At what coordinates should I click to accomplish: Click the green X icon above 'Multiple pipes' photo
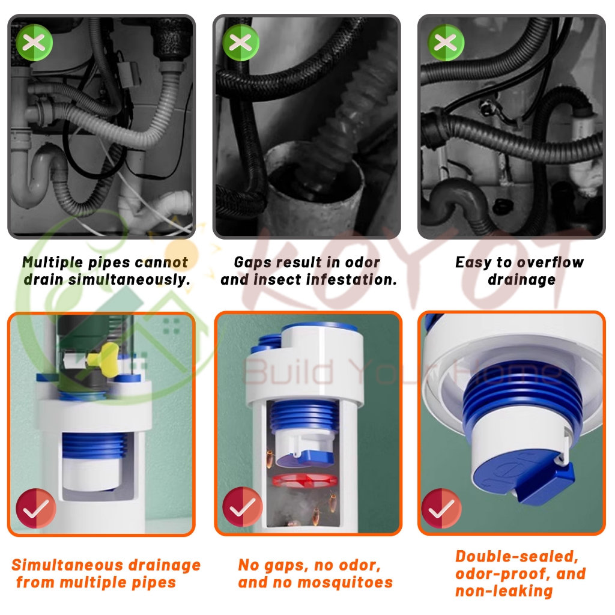(34, 43)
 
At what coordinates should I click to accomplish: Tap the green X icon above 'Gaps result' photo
(240, 43)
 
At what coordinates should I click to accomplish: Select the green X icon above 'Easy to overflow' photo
(446, 43)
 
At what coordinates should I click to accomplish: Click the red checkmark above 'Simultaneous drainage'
(35, 508)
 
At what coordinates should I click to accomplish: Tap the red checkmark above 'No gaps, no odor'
(243, 507)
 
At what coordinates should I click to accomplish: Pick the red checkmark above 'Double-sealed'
(441, 509)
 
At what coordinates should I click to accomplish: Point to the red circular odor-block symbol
(304, 480)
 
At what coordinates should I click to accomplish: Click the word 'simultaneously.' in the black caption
(130, 280)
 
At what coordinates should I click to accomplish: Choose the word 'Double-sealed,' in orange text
(517, 557)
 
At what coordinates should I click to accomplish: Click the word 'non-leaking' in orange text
(504, 591)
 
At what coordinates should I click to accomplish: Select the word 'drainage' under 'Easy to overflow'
(522, 280)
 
